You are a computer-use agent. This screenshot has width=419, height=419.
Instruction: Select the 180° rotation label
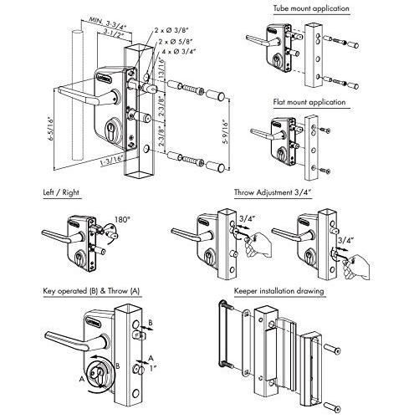(x=111, y=214)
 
